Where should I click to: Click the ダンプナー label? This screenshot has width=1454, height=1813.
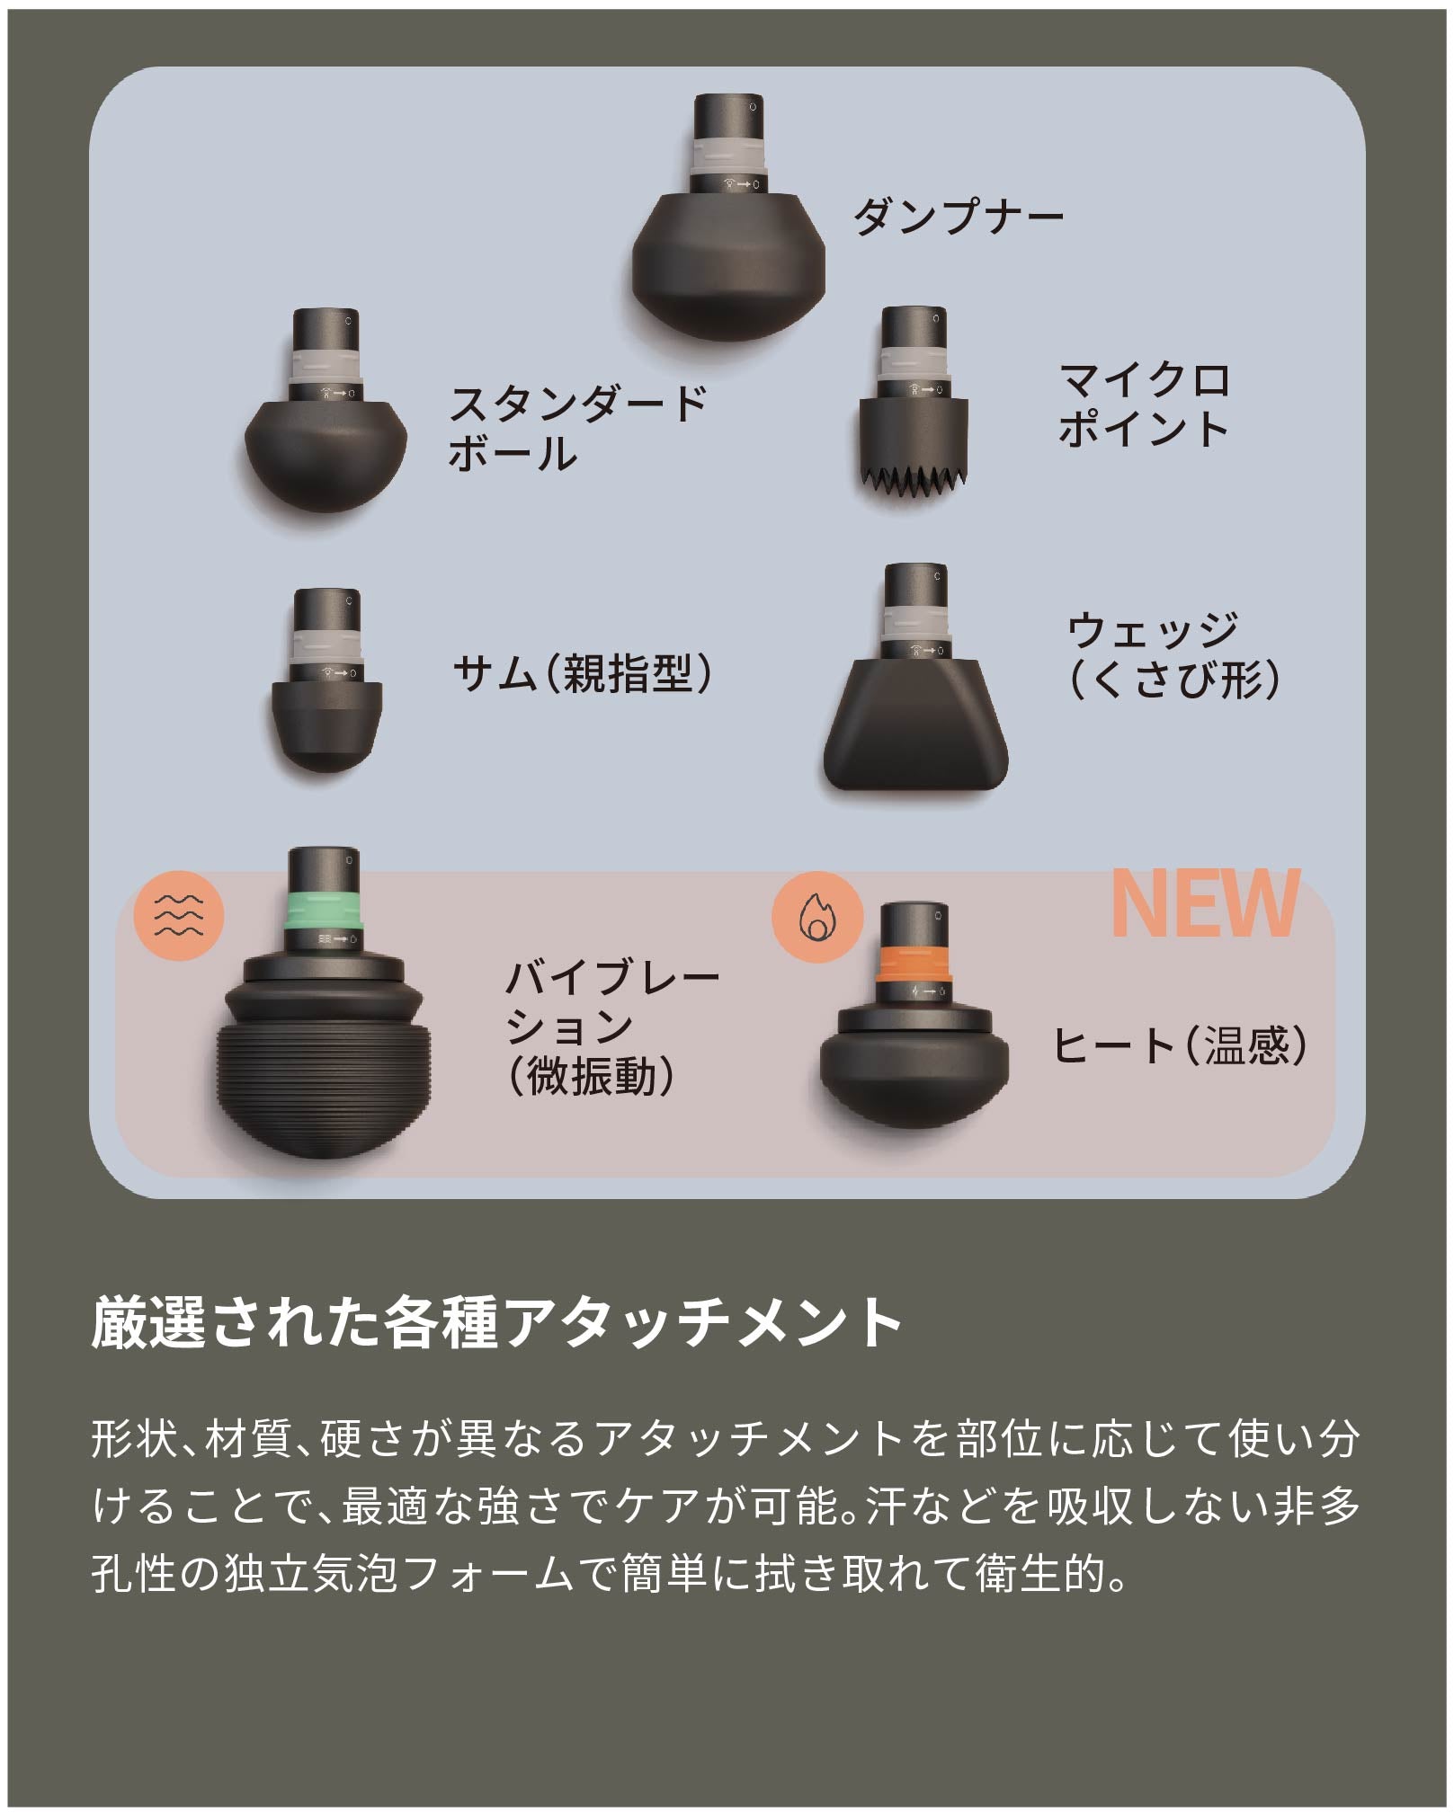[x=958, y=218]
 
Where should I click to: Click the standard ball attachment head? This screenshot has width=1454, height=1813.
[x=326, y=454]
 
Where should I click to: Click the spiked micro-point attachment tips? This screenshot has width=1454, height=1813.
[x=912, y=483]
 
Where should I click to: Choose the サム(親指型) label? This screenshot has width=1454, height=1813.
[x=582, y=672]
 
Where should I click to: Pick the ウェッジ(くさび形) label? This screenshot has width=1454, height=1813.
[x=1173, y=654]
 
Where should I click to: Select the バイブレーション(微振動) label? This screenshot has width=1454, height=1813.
[x=611, y=1026]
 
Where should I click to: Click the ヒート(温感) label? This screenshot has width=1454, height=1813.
[x=1179, y=1045]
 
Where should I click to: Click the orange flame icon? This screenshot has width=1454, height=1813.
[x=816, y=917]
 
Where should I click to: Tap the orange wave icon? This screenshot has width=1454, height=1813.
[x=178, y=915]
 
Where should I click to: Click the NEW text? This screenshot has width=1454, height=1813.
[x=1205, y=904]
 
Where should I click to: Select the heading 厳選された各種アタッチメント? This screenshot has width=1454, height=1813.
[x=496, y=1320]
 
